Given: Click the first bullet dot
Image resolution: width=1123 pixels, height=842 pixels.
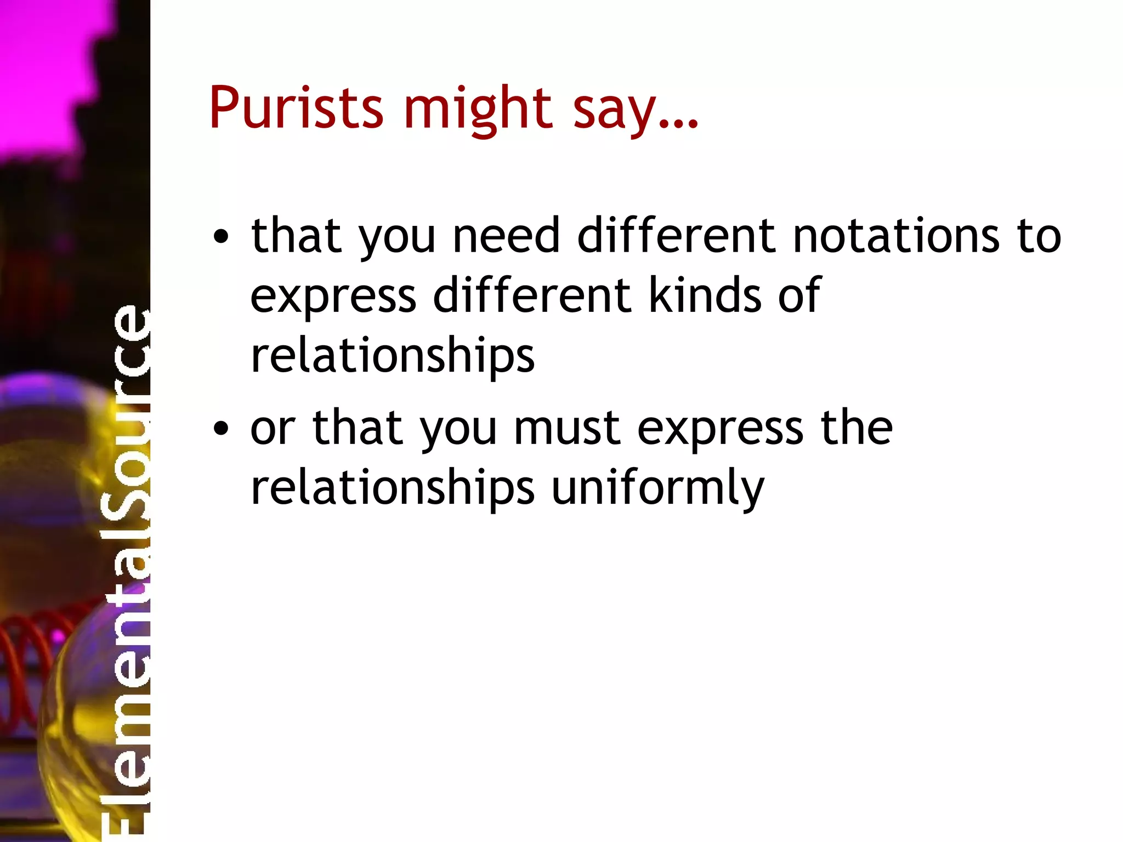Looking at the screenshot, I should point(220,237).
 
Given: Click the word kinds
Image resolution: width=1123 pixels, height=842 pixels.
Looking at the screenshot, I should point(705,295).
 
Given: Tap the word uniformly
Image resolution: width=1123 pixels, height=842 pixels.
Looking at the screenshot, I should point(657,488).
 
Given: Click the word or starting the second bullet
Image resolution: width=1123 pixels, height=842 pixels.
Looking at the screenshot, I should point(273,429).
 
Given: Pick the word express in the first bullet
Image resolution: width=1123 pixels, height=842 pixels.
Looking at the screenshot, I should point(333,297).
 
